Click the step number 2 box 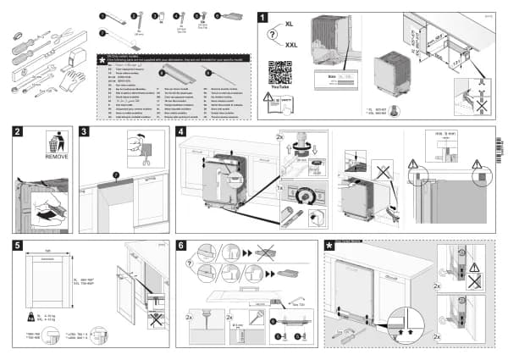(19, 132)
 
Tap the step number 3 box (85, 132)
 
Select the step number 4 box (181, 132)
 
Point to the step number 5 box (19, 246)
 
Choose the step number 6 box (181, 246)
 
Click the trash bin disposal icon (56, 141)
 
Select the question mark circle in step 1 (273, 35)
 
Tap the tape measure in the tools (75, 58)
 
